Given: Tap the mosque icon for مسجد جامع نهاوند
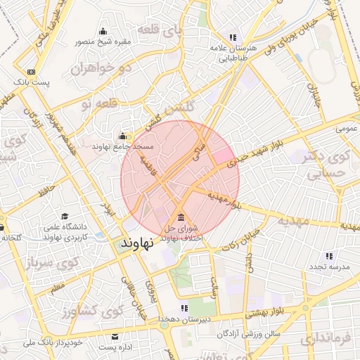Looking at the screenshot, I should tap(122, 136).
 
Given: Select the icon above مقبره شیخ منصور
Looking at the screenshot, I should tap(103, 31).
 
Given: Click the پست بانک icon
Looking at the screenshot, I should tap(31, 72).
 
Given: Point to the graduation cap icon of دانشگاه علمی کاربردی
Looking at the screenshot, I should tap(65, 216).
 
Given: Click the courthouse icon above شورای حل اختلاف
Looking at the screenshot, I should tap(182, 216).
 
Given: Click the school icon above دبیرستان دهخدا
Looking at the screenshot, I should tap(184, 308).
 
